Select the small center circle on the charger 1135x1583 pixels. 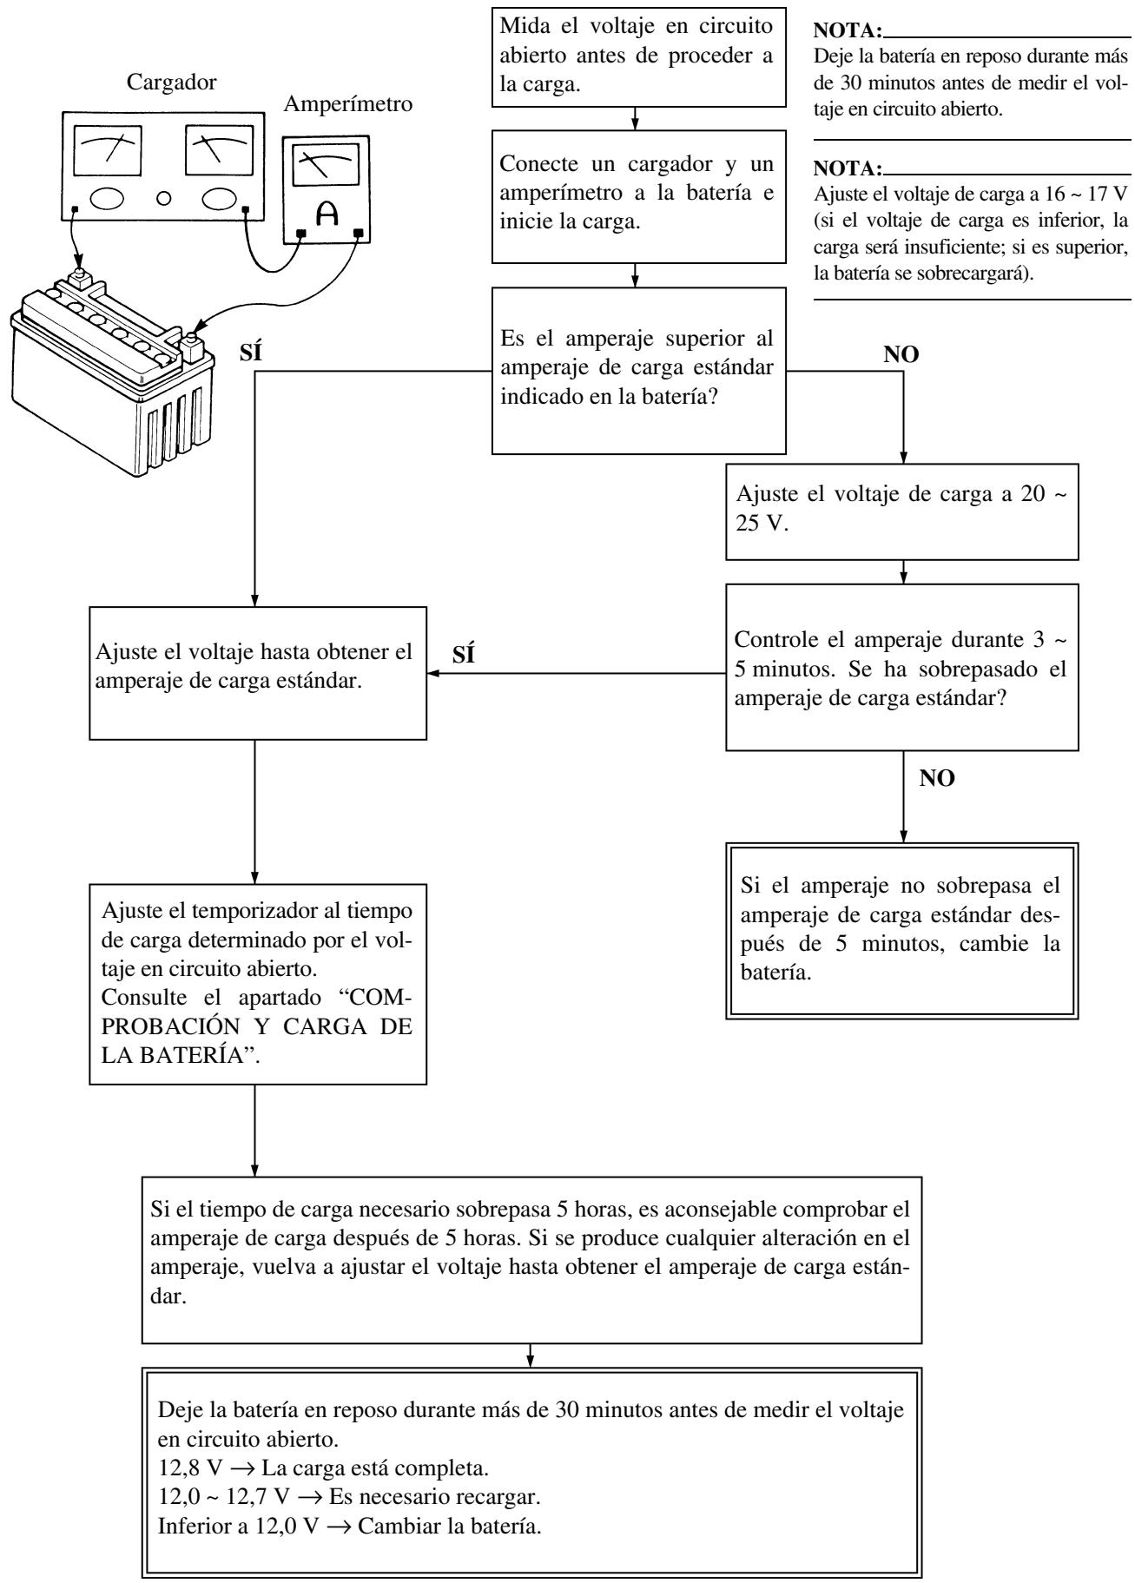coord(162,202)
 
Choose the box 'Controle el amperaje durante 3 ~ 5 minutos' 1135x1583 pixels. coord(902,667)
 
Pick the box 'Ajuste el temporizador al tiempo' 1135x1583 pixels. coord(258,985)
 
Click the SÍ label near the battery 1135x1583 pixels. coord(248,355)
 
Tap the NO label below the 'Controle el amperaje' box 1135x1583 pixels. coord(937,778)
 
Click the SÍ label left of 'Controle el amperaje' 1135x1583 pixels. coord(465,656)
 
